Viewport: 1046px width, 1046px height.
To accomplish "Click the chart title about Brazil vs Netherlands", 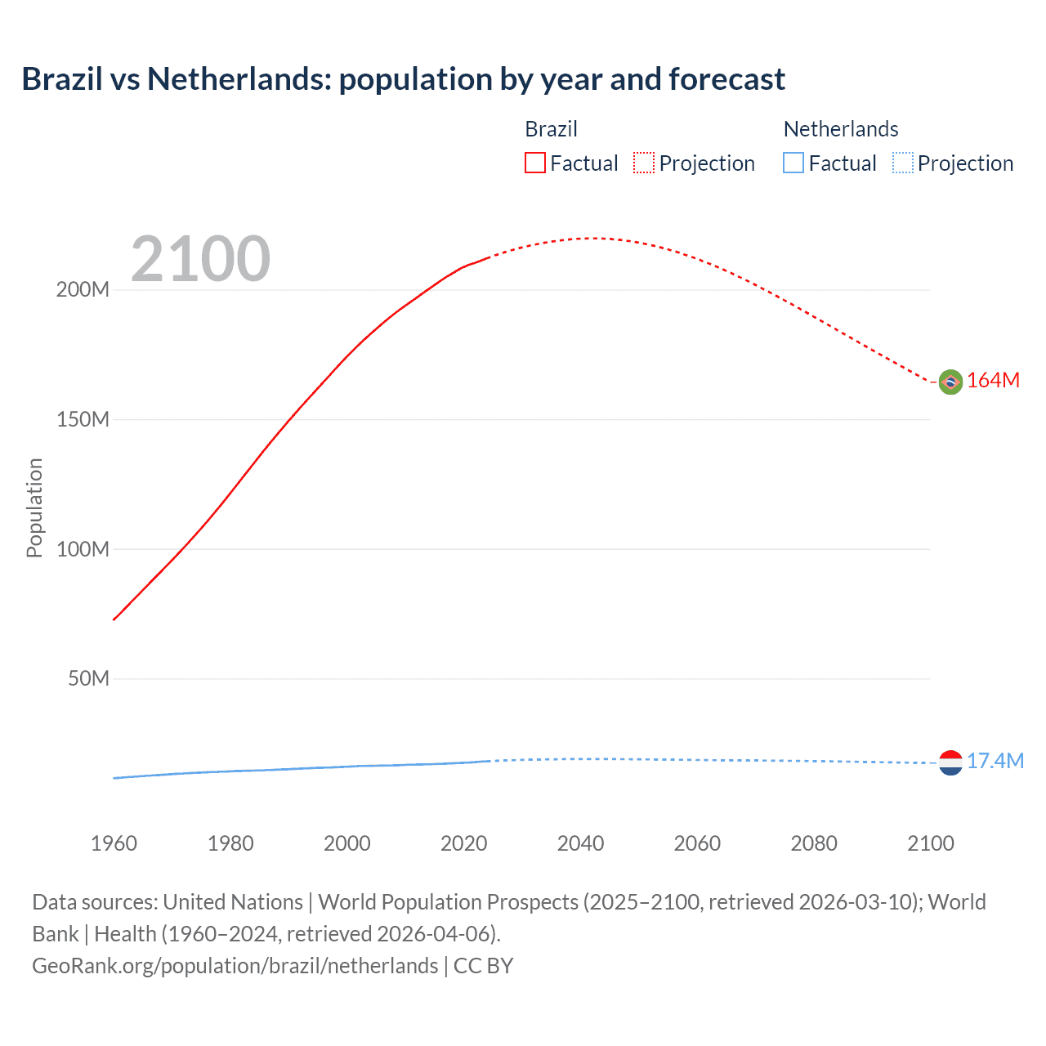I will tap(403, 79).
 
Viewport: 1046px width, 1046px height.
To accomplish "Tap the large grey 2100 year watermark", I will tap(200, 259).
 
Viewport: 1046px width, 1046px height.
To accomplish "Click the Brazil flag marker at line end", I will tap(950, 382).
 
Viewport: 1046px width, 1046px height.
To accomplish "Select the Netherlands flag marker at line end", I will tap(950, 762).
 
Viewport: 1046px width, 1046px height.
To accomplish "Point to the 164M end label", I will tap(993, 381).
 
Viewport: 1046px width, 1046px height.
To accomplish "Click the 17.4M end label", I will tap(995, 762).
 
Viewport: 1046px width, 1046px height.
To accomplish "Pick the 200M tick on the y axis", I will tap(83, 290).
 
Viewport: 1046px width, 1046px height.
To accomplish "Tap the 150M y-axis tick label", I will tap(83, 420).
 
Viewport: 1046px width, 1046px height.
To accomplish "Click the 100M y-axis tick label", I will tap(83, 549).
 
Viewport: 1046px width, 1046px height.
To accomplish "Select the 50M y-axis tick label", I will tap(88, 679).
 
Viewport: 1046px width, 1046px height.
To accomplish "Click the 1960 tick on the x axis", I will tap(114, 843).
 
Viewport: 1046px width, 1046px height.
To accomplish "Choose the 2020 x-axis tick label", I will tap(463, 843).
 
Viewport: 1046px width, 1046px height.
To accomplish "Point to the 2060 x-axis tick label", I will tap(697, 843).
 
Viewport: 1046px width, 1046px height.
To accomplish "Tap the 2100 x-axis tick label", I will tap(930, 843).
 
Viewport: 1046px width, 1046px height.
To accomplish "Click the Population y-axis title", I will tap(34, 507).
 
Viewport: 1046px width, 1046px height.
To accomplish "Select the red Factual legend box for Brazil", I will tap(534, 163).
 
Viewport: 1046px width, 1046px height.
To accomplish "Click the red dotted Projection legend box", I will tap(644, 163).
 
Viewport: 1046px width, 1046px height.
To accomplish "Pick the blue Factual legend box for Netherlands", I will tap(793, 163).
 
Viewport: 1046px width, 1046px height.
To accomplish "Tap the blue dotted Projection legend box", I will tap(902, 163).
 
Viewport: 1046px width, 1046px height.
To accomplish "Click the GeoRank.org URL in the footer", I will tap(235, 966).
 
